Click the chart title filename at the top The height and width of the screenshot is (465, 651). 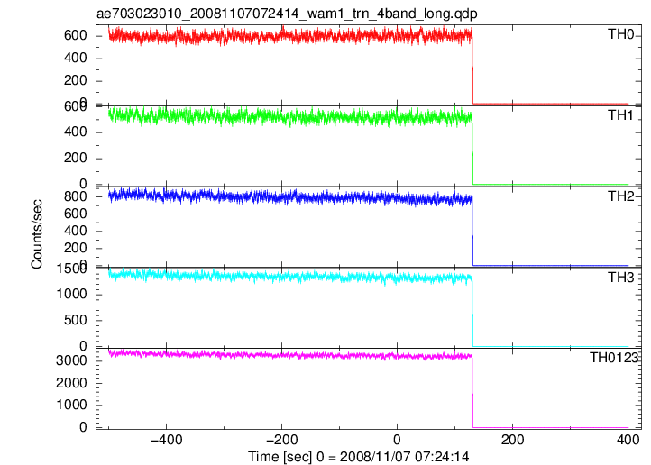click(x=287, y=14)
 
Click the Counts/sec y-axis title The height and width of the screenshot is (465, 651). click(x=37, y=234)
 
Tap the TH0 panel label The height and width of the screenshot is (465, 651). click(x=620, y=34)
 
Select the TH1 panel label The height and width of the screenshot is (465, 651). click(x=620, y=115)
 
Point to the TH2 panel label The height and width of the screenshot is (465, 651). click(x=620, y=196)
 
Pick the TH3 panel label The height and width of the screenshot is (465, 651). click(x=620, y=277)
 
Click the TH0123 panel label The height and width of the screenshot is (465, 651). click(x=614, y=357)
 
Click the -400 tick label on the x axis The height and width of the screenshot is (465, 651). click(x=167, y=440)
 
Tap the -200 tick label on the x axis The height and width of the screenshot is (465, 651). click(x=282, y=440)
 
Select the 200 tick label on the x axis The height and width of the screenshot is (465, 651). click(x=513, y=440)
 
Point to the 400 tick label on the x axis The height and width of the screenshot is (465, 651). click(x=628, y=440)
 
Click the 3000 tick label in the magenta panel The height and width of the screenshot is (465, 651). click(x=71, y=360)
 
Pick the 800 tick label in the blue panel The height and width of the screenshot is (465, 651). click(x=76, y=196)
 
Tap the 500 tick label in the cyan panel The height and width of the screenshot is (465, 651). click(x=76, y=320)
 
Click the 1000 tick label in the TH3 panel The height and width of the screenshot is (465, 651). click(x=71, y=294)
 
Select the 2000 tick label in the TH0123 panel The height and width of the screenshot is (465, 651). click(x=71, y=383)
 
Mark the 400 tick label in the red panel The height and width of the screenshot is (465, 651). click(x=76, y=58)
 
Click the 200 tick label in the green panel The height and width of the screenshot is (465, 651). click(x=76, y=158)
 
